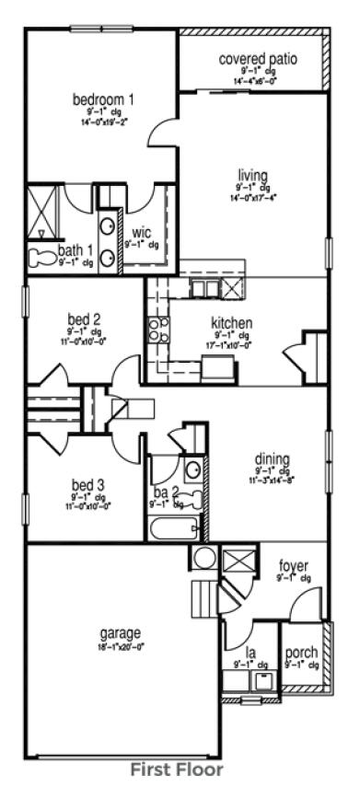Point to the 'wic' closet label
point(141,232)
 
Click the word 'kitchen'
point(232,324)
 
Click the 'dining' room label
point(273,459)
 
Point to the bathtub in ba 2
point(174,529)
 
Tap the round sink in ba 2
point(192,469)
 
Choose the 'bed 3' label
point(88,485)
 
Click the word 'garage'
point(121,633)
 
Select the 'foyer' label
point(293,565)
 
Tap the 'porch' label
point(302,652)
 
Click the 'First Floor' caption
point(176,768)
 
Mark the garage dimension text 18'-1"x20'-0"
point(121,646)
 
